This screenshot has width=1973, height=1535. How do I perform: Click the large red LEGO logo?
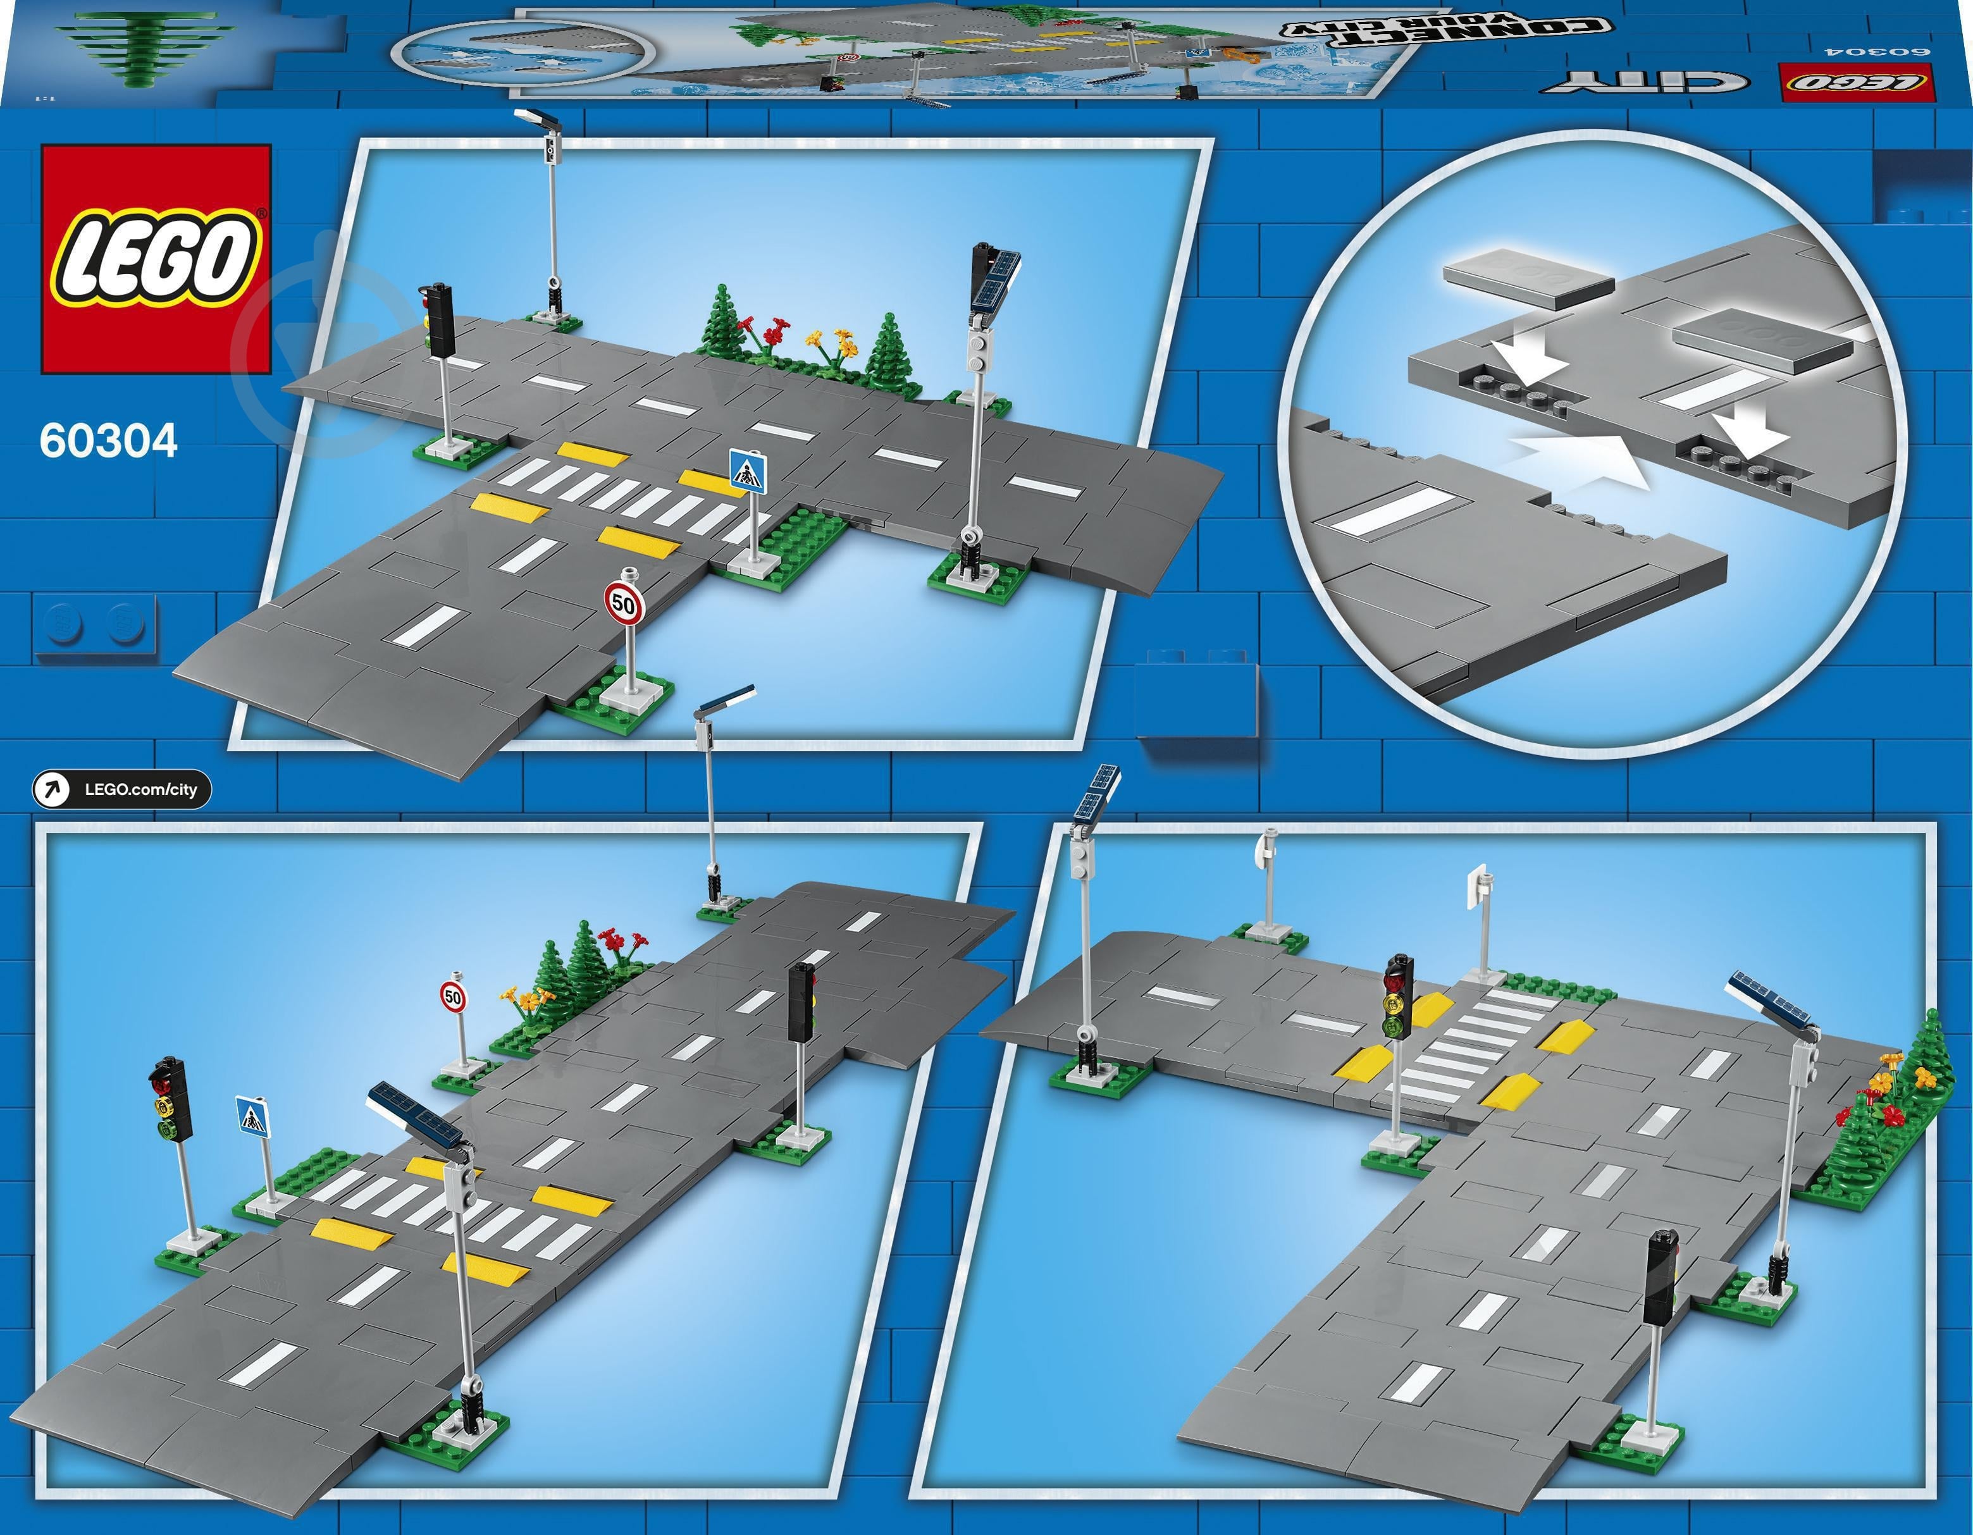pos(156,259)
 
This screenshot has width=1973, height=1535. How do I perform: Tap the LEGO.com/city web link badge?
pos(122,789)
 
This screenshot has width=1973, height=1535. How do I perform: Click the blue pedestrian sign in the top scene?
pos(748,472)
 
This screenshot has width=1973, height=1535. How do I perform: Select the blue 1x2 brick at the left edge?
pos(94,624)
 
